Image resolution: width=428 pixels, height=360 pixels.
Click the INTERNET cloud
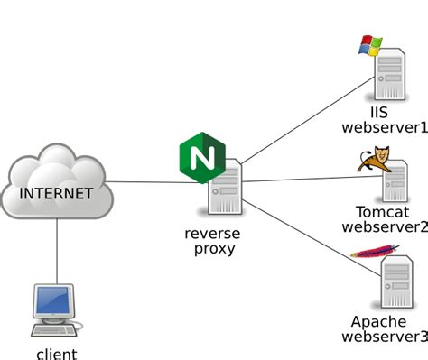[56, 176]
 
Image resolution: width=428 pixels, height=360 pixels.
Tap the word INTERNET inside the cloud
[56, 193]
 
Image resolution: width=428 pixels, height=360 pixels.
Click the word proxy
[214, 249]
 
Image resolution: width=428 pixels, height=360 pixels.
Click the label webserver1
[384, 128]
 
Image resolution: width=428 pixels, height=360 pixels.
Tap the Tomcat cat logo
[373, 161]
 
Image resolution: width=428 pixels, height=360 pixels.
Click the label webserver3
[384, 337]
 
